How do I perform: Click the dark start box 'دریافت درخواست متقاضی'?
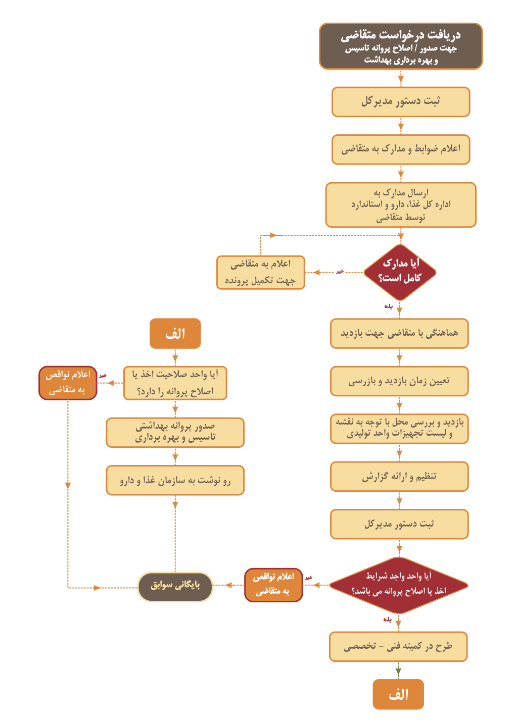click(x=401, y=46)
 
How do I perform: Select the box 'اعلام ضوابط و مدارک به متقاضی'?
click(x=401, y=149)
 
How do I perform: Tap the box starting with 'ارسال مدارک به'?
click(x=401, y=205)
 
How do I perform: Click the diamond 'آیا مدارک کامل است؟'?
click(x=400, y=272)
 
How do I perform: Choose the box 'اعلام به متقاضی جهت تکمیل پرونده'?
click(x=261, y=272)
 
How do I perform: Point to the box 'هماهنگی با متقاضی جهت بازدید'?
click(x=399, y=333)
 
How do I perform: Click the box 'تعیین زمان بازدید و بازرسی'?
click(x=399, y=381)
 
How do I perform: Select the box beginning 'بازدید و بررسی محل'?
click(x=399, y=429)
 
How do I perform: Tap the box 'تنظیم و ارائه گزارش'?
click(x=399, y=476)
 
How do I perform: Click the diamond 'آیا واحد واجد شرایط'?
click(x=399, y=585)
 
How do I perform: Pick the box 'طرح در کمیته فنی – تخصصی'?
click(x=398, y=647)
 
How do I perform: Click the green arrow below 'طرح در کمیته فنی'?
click(x=398, y=670)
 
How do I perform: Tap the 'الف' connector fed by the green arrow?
click(x=398, y=694)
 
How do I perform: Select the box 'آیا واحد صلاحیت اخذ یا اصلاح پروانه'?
click(x=175, y=383)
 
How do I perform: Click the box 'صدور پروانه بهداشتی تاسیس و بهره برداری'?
click(x=175, y=432)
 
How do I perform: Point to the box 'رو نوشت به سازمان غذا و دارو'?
click(x=175, y=480)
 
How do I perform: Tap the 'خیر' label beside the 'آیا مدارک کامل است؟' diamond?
click(x=340, y=271)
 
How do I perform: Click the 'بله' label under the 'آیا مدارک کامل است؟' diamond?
click(x=388, y=306)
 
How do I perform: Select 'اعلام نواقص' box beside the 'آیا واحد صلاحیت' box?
click(x=68, y=383)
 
